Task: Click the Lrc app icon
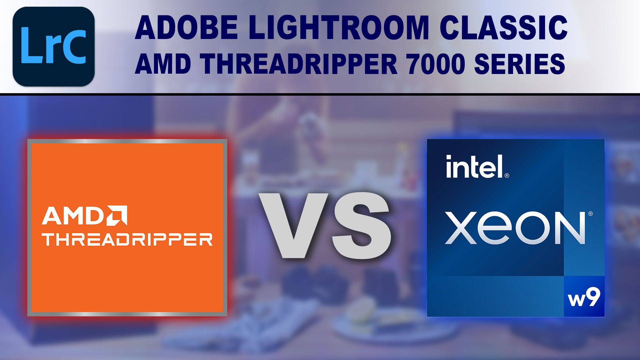(54, 46)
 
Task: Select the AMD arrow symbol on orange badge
(117, 215)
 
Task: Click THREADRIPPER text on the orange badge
(127, 239)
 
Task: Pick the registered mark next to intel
(507, 175)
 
